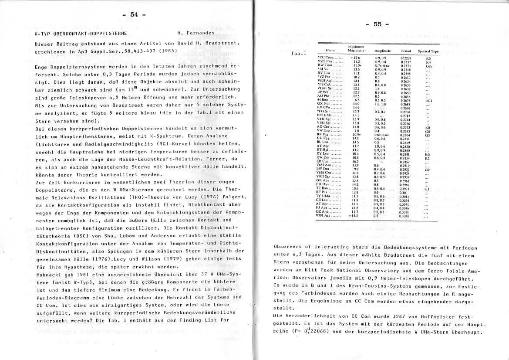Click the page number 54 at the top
pos(134,15)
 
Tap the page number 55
pos(377,24)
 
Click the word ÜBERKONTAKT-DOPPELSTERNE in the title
pos(97,33)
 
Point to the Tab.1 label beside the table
pos(299,54)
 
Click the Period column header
pos(406,51)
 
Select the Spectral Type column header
pos(428,51)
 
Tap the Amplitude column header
pos(381,51)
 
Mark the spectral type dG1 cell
pos(428,100)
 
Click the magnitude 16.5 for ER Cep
pos(357,161)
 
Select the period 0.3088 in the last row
pos(405,216)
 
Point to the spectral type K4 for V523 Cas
pos(428,61)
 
